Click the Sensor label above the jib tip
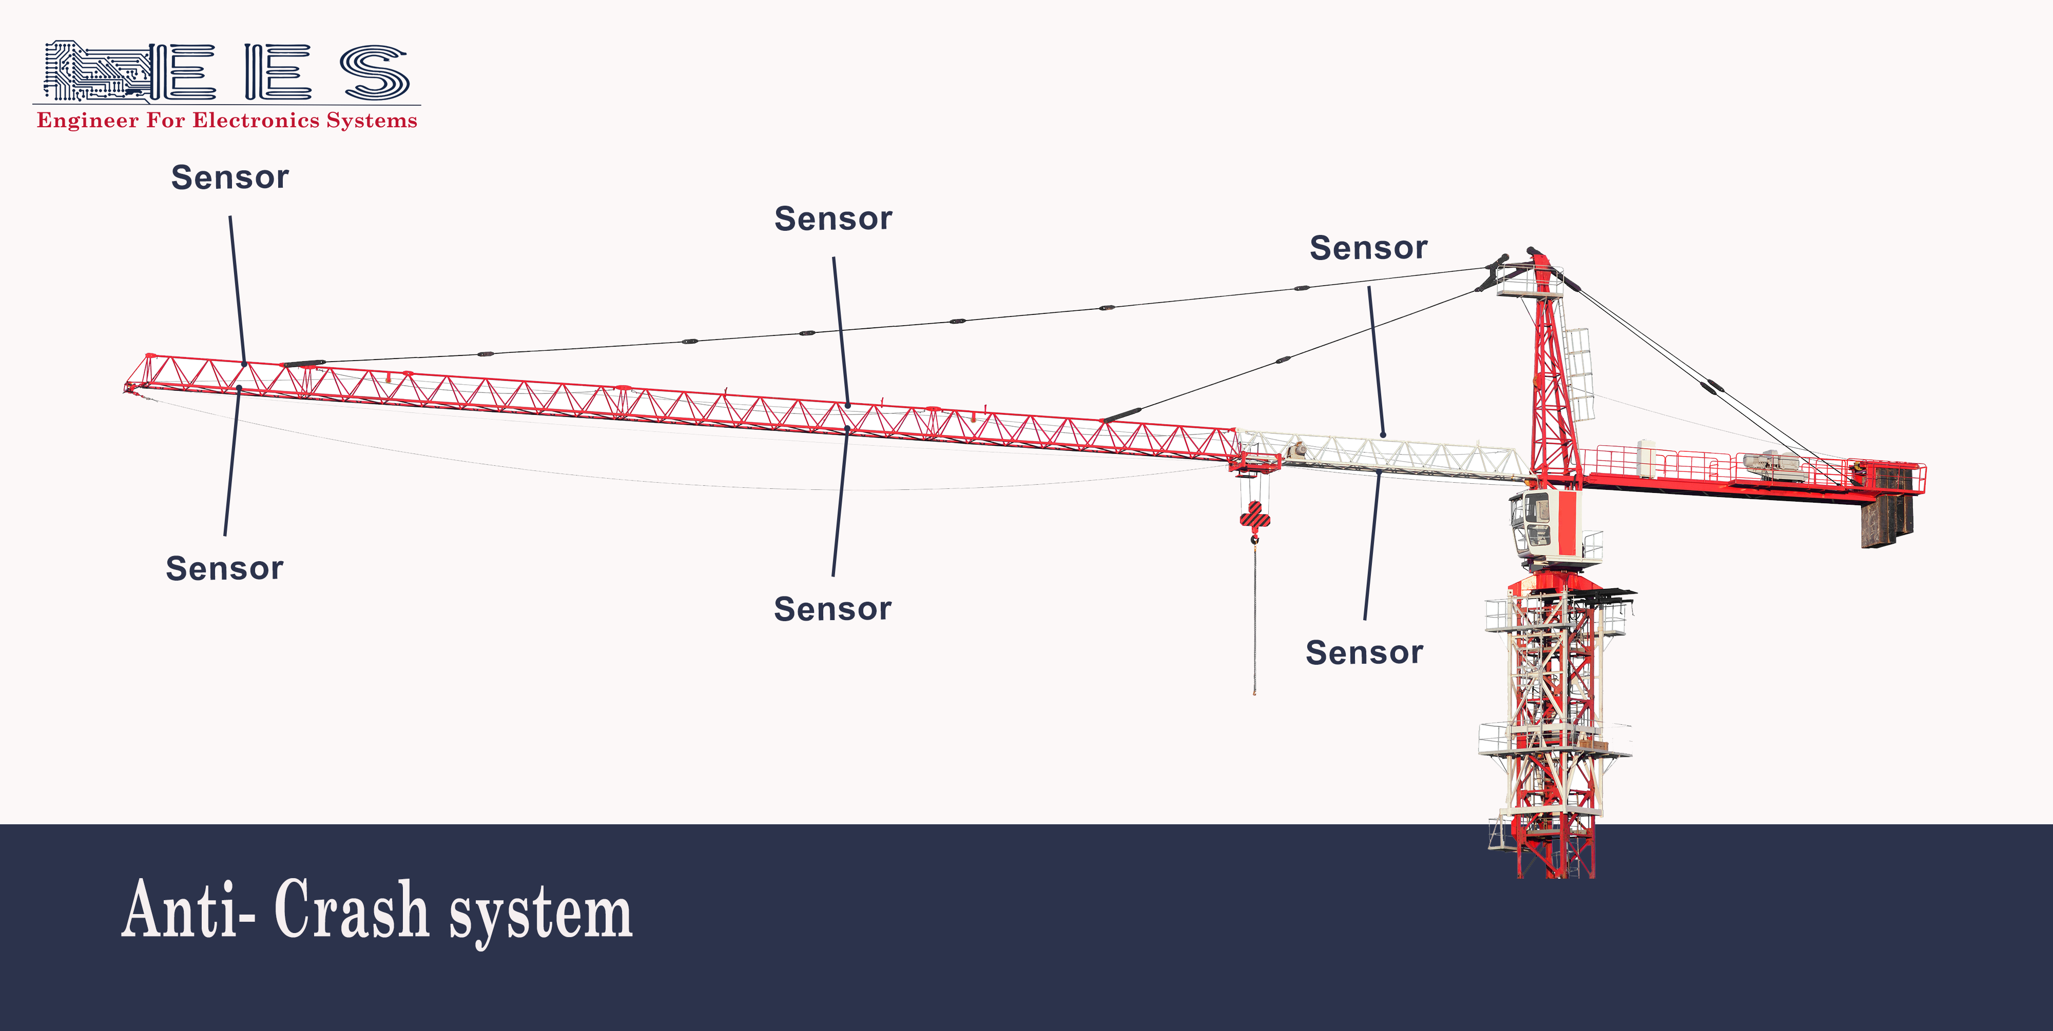coord(229,177)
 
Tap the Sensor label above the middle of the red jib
coord(833,219)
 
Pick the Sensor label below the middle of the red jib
coord(832,609)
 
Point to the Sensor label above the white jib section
coord(1368,248)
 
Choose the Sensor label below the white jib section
coord(1364,652)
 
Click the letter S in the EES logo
coord(375,72)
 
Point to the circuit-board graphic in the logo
coord(95,72)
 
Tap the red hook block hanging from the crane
coord(1254,517)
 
